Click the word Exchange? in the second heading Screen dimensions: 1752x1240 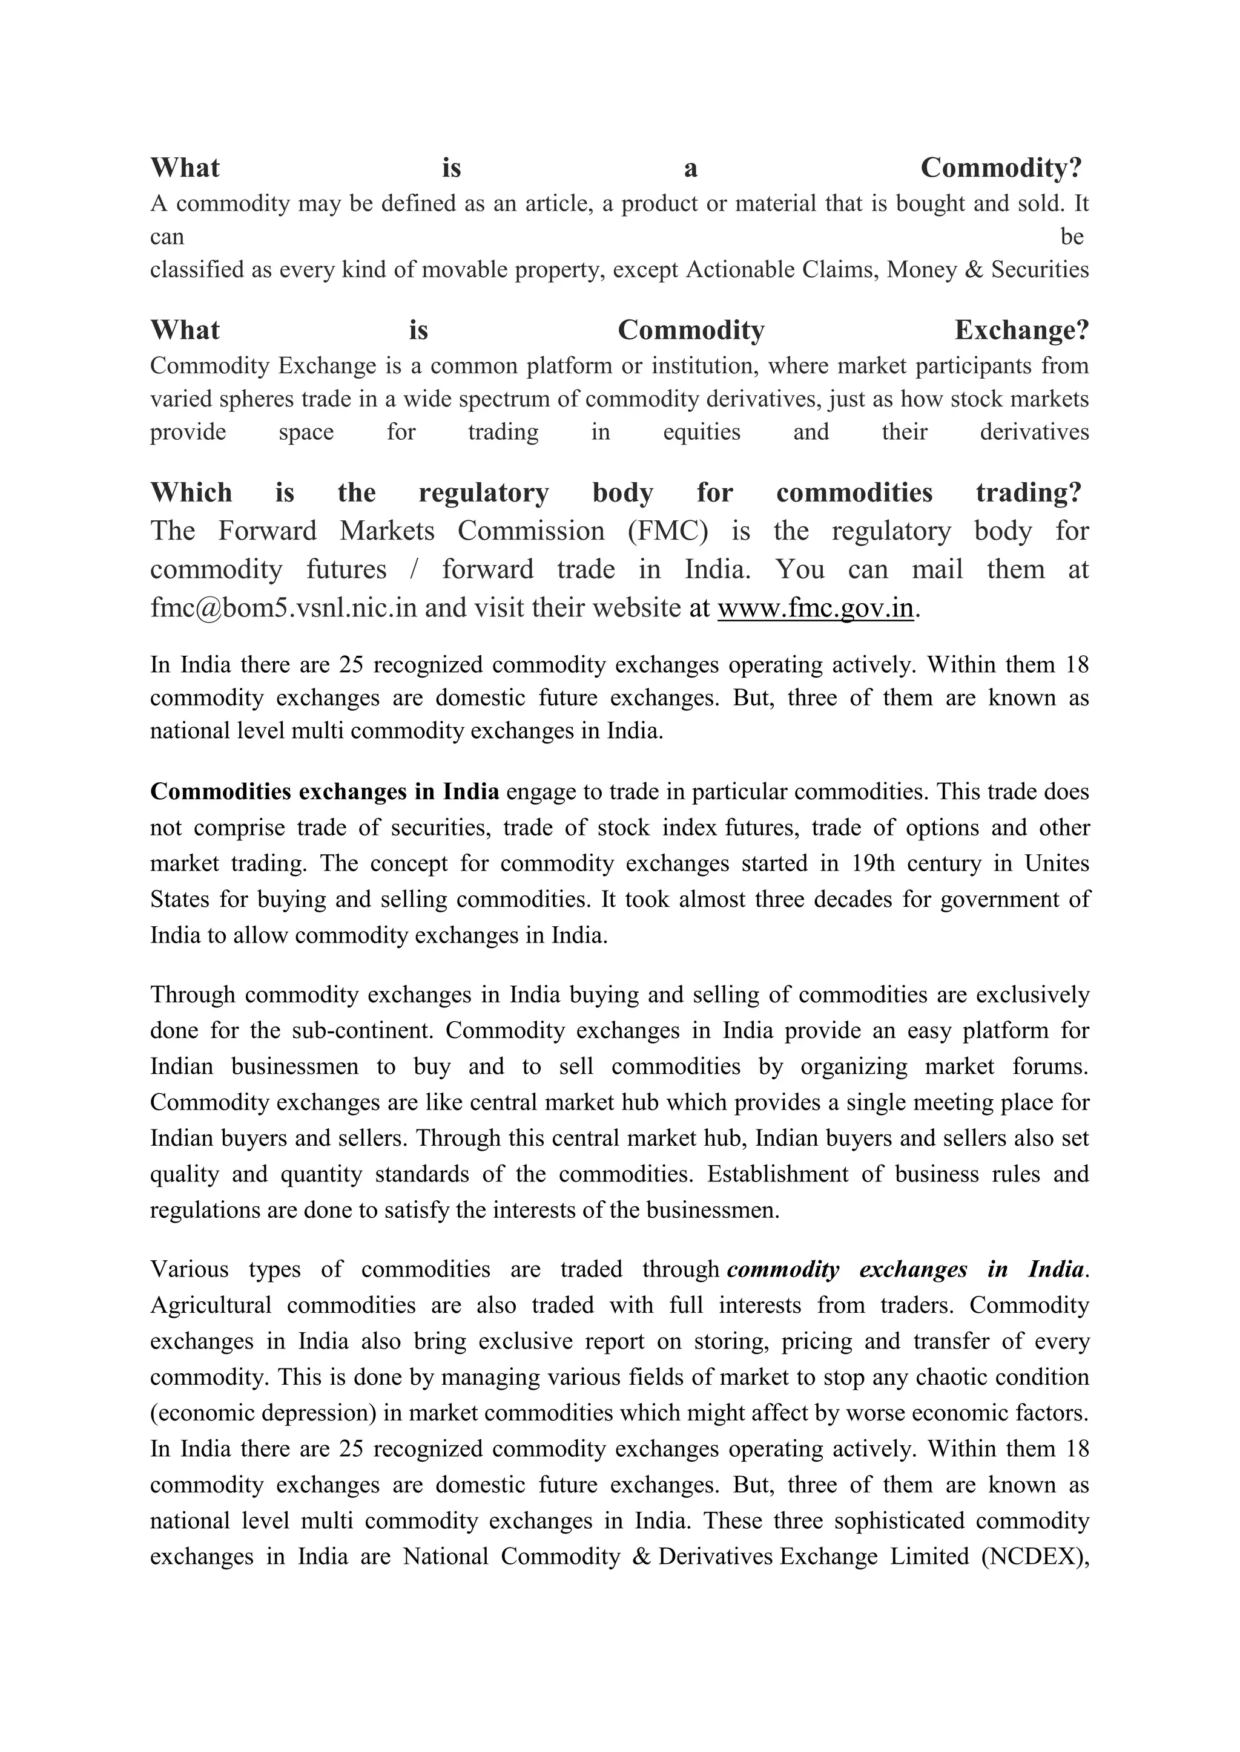tap(1021, 331)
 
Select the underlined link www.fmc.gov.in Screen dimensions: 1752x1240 tap(816, 608)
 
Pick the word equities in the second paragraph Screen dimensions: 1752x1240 tap(702, 433)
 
